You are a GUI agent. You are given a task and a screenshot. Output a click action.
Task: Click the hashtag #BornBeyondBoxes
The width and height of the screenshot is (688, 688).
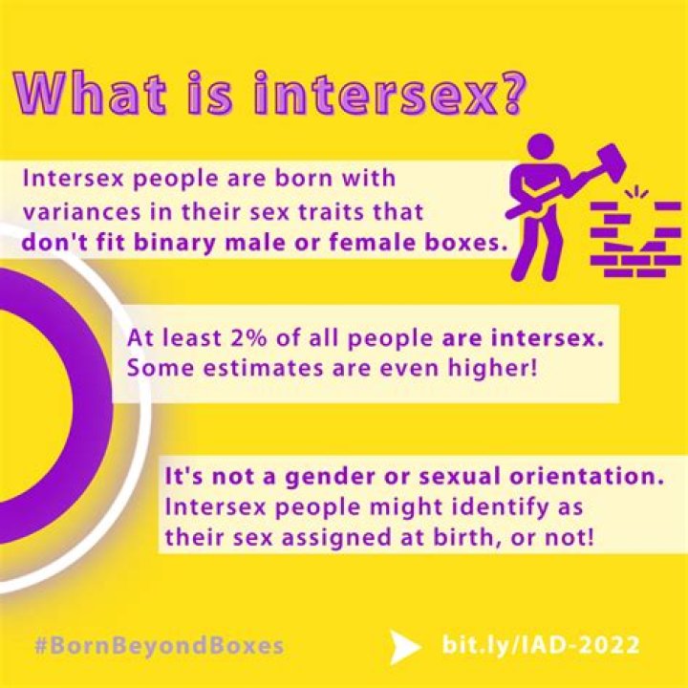click(158, 645)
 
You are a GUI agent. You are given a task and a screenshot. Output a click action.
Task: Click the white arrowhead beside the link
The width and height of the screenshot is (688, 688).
click(404, 645)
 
